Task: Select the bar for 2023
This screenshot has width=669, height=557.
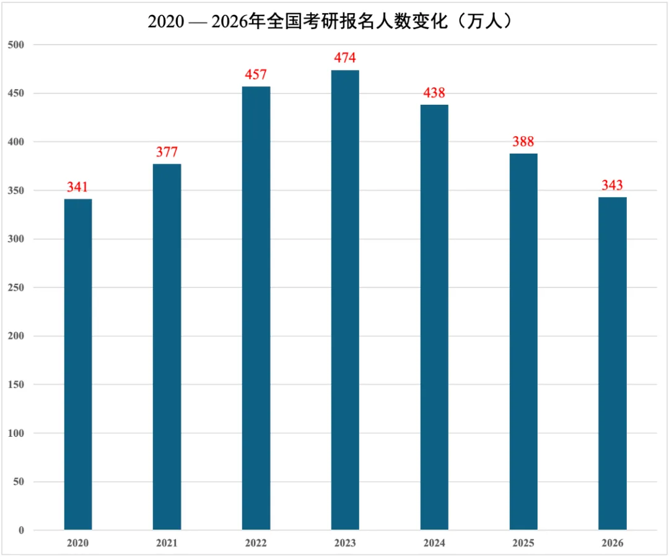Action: (x=345, y=300)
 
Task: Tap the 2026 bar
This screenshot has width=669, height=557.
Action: (x=612, y=364)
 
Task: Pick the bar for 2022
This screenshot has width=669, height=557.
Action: (x=256, y=308)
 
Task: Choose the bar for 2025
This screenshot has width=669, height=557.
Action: (x=523, y=341)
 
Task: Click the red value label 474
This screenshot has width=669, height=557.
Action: (x=345, y=58)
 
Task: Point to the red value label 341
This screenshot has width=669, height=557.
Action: (x=78, y=187)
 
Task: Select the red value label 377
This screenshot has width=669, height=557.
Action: (x=167, y=152)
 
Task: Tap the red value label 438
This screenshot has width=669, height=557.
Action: (x=434, y=93)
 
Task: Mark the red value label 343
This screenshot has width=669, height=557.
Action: (x=612, y=185)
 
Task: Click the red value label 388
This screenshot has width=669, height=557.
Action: (x=523, y=141)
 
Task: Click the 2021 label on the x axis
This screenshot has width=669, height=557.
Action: (x=167, y=543)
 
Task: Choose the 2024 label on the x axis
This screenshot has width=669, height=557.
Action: (x=434, y=543)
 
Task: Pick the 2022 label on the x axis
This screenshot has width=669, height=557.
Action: (x=256, y=543)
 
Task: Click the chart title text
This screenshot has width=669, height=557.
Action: (x=334, y=21)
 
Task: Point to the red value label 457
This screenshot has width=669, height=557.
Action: (x=256, y=75)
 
